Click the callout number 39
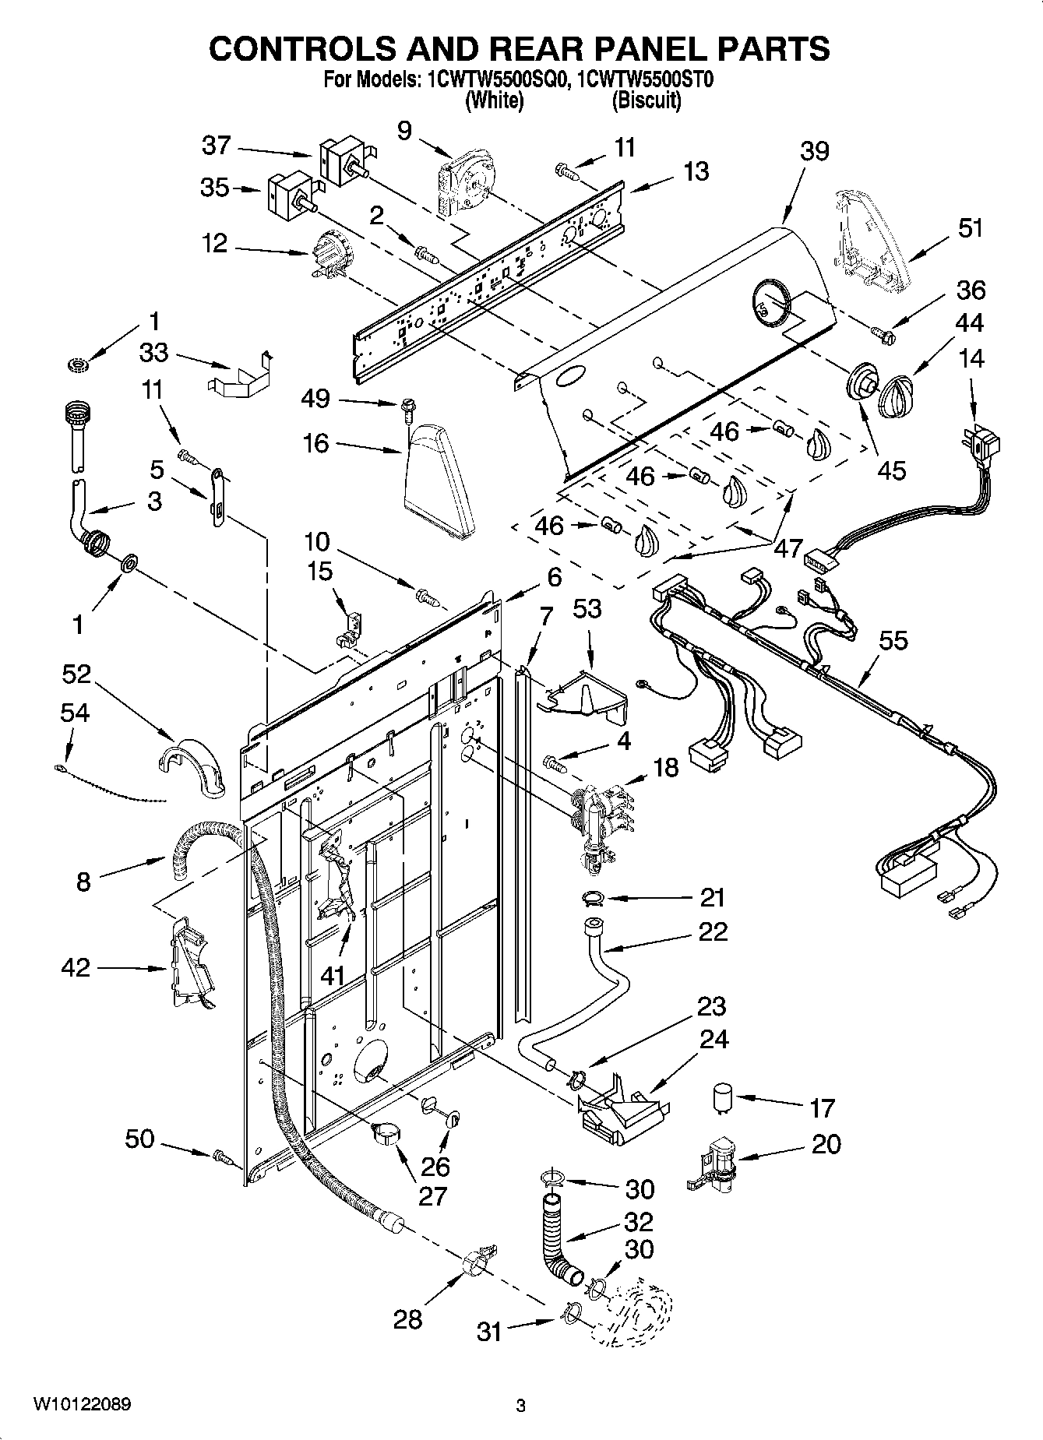pyautogui.click(x=815, y=151)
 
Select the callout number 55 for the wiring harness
pyautogui.click(x=893, y=640)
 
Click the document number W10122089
pyautogui.click(x=82, y=1405)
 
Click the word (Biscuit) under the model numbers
pyautogui.click(x=647, y=100)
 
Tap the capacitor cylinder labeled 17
pyautogui.click(x=722, y=1099)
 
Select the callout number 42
pyautogui.click(x=76, y=968)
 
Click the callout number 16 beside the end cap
pyautogui.click(x=316, y=444)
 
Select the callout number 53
pyautogui.click(x=587, y=608)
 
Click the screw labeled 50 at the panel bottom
pyautogui.click(x=220, y=1158)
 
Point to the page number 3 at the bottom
pyautogui.click(x=520, y=1406)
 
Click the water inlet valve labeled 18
pyautogui.click(x=598, y=823)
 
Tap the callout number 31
pyautogui.click(x=489, y=1332)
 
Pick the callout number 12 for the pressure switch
pyautogui.click(x=214, y=244)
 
